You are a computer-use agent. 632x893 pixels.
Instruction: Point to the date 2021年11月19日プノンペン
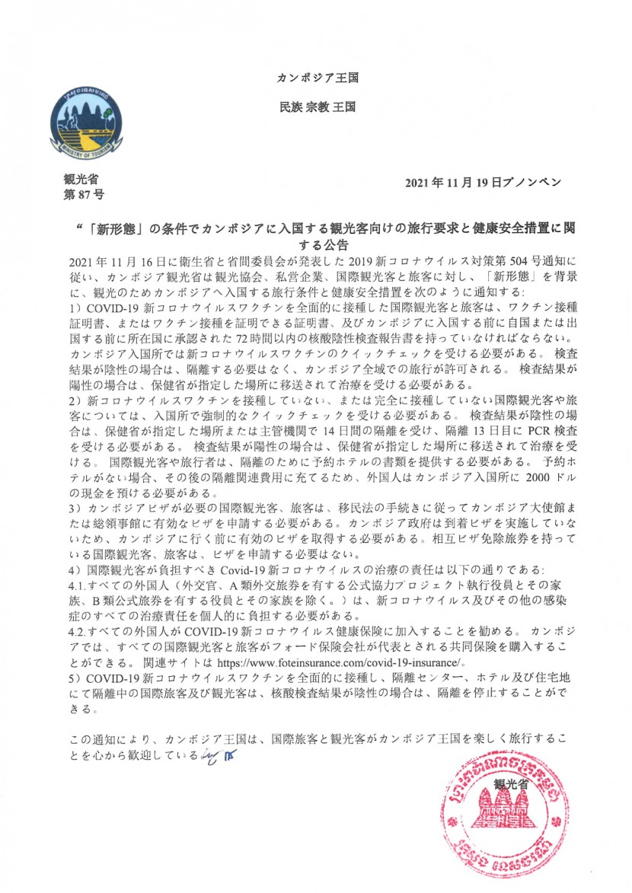coord(483,183)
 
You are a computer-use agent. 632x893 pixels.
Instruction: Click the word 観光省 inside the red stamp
coord(510,783)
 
